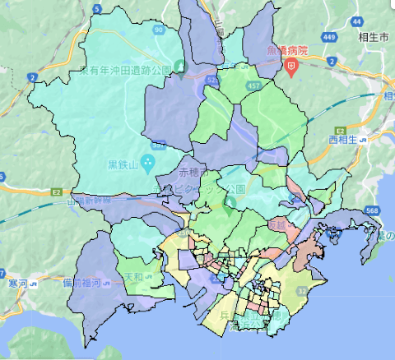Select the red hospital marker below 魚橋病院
coord(290,67)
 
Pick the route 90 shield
coord(157,30)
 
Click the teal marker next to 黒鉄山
coord(146,162)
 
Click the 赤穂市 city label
coord(194,173)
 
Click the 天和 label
coord(133,278)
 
